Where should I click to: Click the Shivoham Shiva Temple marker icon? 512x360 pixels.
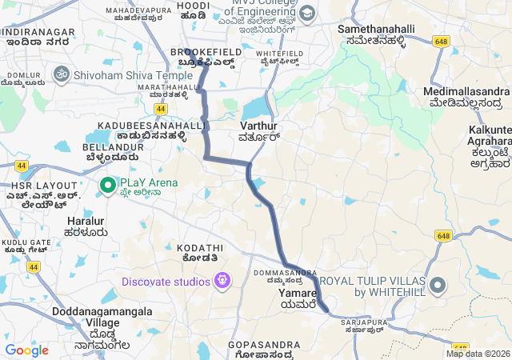coord(59,74)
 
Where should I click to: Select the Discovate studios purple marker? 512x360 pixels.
coord(222,281)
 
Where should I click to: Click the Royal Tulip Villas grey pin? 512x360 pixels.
coord(437,286)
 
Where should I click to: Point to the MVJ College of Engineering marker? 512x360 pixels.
coord(308,14)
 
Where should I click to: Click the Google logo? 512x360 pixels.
coord(26,350)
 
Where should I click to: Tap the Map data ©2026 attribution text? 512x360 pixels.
coord(478,354)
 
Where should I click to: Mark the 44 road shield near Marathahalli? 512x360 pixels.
coord(161,107)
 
